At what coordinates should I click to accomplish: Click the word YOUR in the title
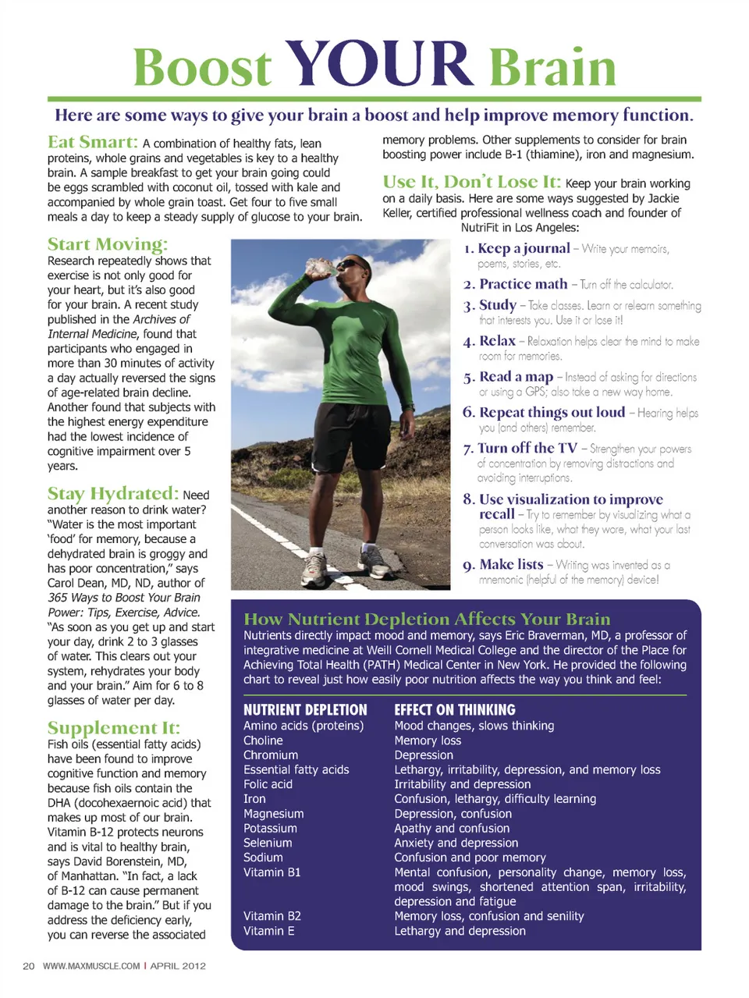pyautogui.click(x=380, y=64)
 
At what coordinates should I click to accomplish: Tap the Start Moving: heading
pyautogui.click(x=108, y=244)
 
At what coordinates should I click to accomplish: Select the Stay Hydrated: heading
pyautogui.click(x=113, y=493)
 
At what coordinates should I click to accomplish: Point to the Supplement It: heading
pyautogui.click(x=114, y=727)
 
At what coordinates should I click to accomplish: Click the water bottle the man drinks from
pyautogui.click(x=319, y=267)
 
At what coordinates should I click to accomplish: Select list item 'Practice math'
pyautogui.click(x=524, y=284)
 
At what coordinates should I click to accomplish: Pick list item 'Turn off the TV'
pyautogui.click(x=527, y=448)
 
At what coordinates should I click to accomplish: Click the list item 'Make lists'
pyautogui.click(x=511, y=564)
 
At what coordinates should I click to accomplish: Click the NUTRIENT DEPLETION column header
pyautogui.click(x=305, y=710)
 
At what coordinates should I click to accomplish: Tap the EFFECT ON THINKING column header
pyautogui.click(x=455, y=710)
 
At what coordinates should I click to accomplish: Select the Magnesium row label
pyautogui.click(x=274, y=814)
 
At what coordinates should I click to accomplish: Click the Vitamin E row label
pyautogui.click(x=269, y=931)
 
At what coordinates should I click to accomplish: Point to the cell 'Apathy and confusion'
pyautogui.click(x=452, y=828)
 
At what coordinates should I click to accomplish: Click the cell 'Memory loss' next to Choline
pyautogui.click(x=428, y=741)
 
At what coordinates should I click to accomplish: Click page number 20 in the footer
pyautogui.click(x=29, y=966)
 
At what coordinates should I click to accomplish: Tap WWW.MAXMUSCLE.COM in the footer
pyautogui.click(x=91, y=966)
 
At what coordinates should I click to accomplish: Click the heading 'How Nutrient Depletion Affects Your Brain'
pyautogui.click(x=427, y=619)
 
